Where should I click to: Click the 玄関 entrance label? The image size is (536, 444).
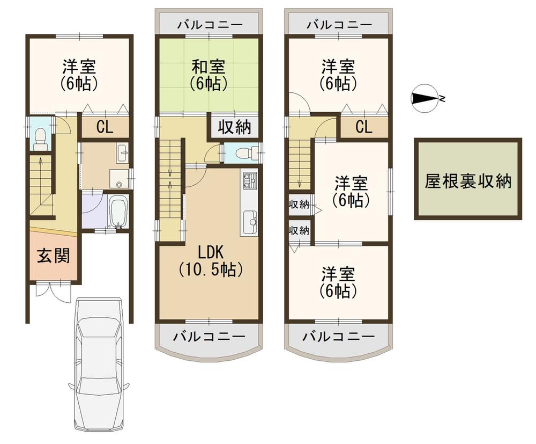[53, 256]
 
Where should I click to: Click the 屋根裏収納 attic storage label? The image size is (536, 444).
[467, 181]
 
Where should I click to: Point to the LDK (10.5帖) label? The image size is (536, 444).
[211, 261]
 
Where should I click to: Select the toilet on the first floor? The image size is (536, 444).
[41, 138]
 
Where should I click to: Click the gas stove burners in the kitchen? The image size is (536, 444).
[249, 182]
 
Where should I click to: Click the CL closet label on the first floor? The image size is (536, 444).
[105, 128]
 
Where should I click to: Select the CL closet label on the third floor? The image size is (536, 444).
[363, 127]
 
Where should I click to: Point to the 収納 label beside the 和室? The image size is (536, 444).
[235, 127]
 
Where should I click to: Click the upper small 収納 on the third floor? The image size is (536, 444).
[299, 205]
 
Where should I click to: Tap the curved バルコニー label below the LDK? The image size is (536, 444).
[209, 337]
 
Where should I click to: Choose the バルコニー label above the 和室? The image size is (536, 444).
[210, 25]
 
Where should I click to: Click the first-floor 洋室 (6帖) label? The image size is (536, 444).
[79, 75]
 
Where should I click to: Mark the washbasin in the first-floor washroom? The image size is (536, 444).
[122, 153]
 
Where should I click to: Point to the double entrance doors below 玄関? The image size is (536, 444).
[54, 289]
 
